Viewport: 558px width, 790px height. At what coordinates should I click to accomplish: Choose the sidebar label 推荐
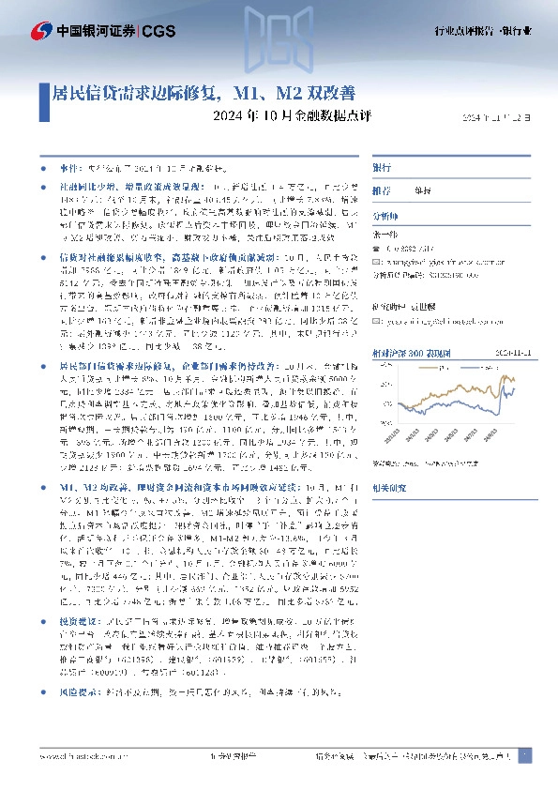pyautogui.click(x=382, y=190)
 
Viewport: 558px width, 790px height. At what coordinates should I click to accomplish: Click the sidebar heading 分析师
pyautogui.click(x=385, y=213)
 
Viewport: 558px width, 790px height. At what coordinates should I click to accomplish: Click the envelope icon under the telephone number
pyautogui.click(x=377, y=265)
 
